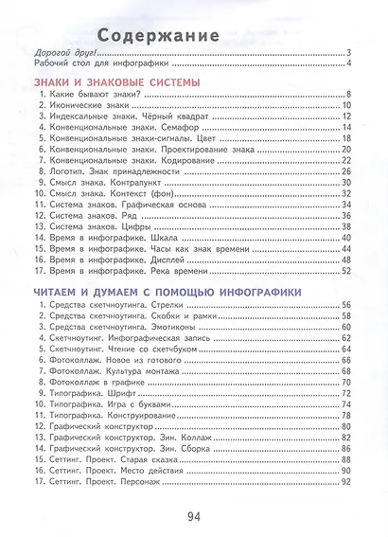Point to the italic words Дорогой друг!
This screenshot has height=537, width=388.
pyautogui.click(x=62, y=52)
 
